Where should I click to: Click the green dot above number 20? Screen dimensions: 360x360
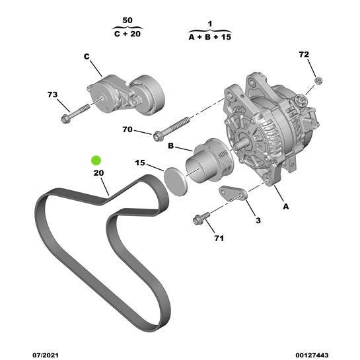click(x=96, y=159)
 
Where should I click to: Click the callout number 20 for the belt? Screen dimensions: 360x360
click(x=98, y=173)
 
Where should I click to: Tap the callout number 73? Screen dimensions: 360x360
click(x=53, y=96)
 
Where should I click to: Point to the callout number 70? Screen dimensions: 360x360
click(x=127, y=129)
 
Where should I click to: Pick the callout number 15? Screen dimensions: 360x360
click(x=140, y=162)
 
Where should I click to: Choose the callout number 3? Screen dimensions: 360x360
click(x=258, y=220)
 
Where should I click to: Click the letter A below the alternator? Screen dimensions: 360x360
click(x=286, y=206)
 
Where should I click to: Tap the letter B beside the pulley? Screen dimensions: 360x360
click(x=170, y=146)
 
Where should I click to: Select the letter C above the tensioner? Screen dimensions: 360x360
click(x=86, y=56)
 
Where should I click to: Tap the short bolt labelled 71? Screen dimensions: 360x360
click(x=201, y=217)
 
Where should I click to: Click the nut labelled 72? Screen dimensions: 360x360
click(x=318, y=81)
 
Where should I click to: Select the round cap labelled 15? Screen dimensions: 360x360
click(x=175, y=181)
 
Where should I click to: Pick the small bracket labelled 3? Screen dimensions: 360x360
click(x=233, y=194)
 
